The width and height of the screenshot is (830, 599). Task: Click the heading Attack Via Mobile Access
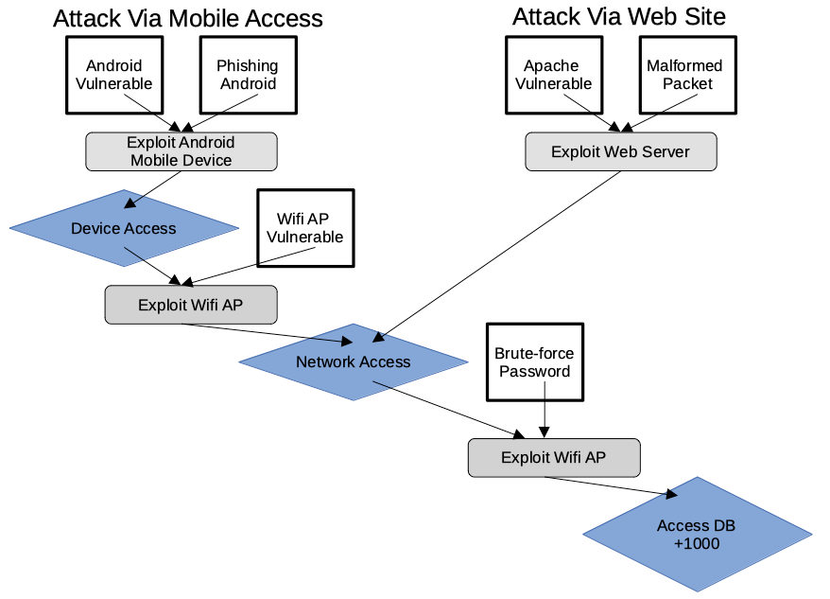187,18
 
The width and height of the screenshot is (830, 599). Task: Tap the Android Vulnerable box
113,75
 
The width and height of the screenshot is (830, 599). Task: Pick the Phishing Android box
248,75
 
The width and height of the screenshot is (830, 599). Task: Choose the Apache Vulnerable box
553,75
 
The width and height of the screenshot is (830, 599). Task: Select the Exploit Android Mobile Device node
181,151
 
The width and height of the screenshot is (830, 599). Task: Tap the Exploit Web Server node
620,151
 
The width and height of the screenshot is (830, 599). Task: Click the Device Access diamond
124,228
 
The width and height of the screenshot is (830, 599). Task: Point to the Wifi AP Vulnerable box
305,227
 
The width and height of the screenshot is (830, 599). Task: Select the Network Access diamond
353,361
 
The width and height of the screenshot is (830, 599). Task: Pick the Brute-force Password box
534,362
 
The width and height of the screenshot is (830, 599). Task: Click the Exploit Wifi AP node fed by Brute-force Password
554,457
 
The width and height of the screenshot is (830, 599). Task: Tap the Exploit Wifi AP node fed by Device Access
191,305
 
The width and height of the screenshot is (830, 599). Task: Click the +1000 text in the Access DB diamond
697,544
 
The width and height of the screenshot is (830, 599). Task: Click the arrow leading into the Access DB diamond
611,485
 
